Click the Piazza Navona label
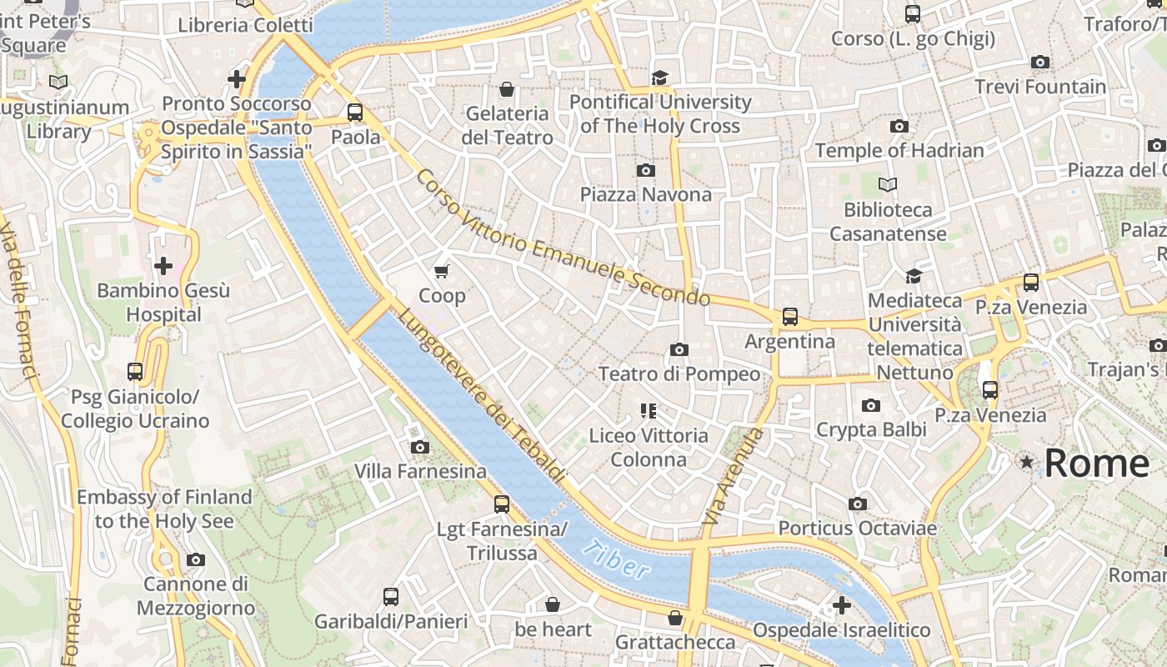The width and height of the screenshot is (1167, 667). coord(646,194)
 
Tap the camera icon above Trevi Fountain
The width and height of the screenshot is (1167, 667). coord(1039,63)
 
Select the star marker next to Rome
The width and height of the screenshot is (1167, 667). coord(1027,462)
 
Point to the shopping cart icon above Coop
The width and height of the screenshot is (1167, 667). coord(442,271)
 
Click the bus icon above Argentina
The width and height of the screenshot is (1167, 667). coord(789,317)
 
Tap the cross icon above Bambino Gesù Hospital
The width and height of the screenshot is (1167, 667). coord(163,266)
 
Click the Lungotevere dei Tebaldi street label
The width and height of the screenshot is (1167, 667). coord(481,396)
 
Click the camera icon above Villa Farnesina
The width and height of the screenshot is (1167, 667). coord(420,448)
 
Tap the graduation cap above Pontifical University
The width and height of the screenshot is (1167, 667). coord(660,78)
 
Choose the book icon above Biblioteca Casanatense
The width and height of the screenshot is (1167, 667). coord(888,184)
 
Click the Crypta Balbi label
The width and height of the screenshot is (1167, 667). coord(871,429)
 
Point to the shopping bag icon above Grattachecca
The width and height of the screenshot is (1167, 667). coord(675,618)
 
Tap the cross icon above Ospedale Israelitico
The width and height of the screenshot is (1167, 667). coord(841,605)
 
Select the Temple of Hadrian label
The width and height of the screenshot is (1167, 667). coord(899,151)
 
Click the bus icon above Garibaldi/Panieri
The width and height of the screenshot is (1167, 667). coord(391,597)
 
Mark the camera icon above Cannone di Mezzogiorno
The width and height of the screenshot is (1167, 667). coord(196,559)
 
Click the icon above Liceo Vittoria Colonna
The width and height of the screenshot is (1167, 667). coord(648,410)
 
